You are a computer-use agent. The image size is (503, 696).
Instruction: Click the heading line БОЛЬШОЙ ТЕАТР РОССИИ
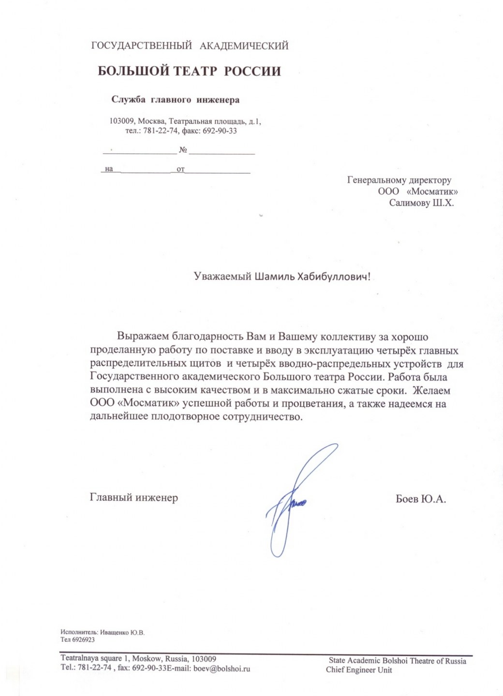pyautogui.click(x=189, y=71)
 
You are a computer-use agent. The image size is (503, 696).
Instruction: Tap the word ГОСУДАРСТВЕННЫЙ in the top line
pyautogui.click(x=141, y=46)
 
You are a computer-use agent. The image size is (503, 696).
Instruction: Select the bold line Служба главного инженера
pyautogui.click(x=175, y=100)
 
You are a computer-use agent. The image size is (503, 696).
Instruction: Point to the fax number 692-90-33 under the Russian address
pyautogui.click(x=220, y=131)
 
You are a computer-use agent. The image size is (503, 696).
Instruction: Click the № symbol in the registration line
pyautogui.click(x=183, y=150)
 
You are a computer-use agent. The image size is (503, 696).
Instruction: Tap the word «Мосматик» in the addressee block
pyautogui.click(x=432, y=191)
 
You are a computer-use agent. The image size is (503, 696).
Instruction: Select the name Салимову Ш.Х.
pyautogui.click(x=421, y=203)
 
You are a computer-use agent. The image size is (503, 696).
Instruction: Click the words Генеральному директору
pyautogui.click(x=399, y=180)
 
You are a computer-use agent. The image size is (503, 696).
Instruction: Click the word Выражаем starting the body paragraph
pyautogui.click(x=143, y=337)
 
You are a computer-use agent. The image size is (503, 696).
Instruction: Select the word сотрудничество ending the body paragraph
pyautogui.click(x=262, y=417)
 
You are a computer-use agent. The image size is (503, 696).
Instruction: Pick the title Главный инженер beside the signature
pyautogui.click(x=134, y=497)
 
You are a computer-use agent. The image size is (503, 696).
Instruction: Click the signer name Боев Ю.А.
pyautogui.click(x=420, y=499)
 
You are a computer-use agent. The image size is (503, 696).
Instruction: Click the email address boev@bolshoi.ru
pyautogui.click(x=222, y=668)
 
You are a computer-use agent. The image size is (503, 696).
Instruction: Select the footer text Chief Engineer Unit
pyautogui.click(x=359, y=670)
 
